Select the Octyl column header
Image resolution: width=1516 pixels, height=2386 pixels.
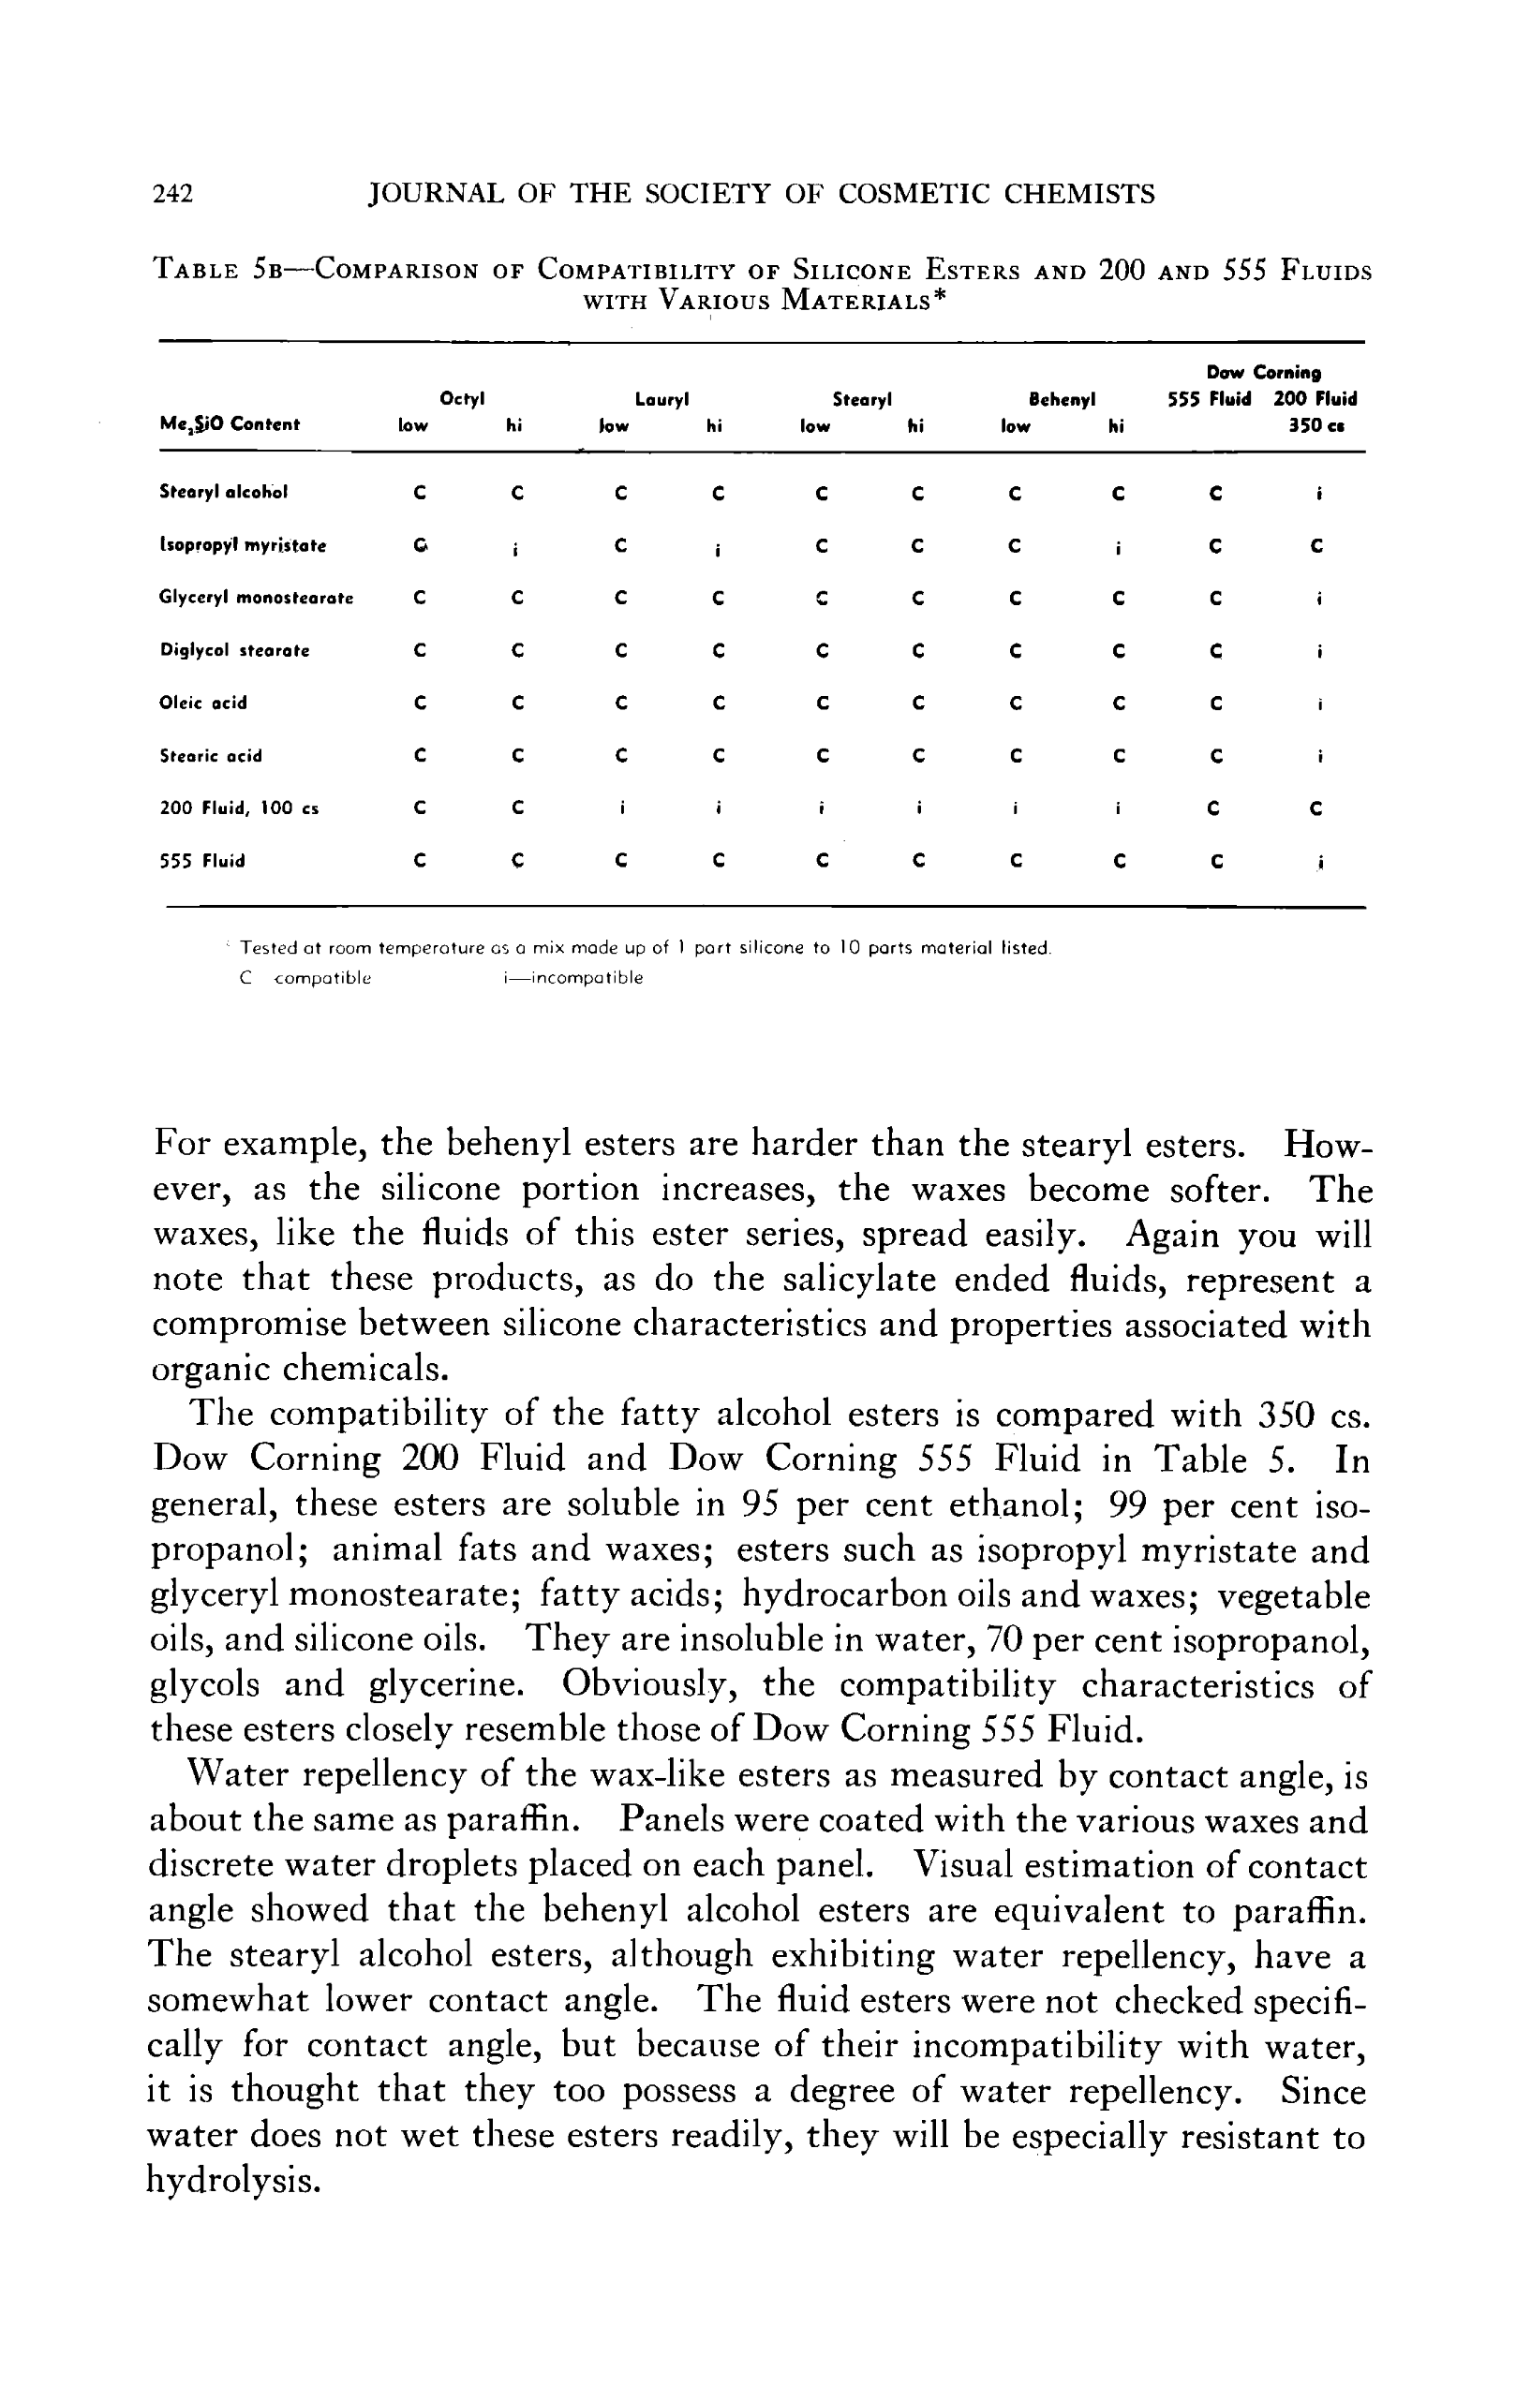click(462, 399)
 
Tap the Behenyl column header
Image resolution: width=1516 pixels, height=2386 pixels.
click(1062, 400)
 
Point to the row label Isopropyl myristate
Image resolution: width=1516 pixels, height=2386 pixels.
click(243, 545)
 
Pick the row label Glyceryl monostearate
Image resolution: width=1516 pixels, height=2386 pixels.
click(257, 599)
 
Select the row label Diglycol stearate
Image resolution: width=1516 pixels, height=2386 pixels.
click(235, 651)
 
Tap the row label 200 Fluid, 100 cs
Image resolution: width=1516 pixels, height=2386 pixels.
click(239, 808)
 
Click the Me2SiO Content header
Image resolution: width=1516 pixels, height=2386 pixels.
click(230, 425)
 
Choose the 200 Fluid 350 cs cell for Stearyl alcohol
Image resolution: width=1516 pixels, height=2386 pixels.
click(1319, 493)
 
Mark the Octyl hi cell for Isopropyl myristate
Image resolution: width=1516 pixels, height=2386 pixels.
click(515, 547)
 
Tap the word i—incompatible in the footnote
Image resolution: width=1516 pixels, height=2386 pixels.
click(572, 978)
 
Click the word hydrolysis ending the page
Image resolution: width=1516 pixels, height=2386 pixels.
click(234, 2180)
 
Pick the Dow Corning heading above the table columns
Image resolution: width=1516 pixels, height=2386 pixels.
click(1263, 374)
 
